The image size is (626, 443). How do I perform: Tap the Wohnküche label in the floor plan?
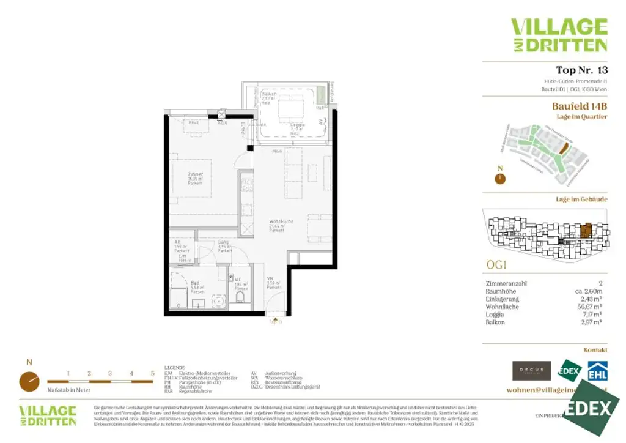[x=278, y=225]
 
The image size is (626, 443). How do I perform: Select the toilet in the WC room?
[x=240, y=298]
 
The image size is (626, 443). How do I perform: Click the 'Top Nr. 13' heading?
[x=581, y=70]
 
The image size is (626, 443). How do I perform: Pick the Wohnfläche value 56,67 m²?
[x=592, y=307]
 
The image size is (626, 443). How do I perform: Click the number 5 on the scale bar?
[x=152, y=373]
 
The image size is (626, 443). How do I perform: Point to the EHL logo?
[x=597, y=371]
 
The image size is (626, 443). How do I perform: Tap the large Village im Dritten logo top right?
[x=559, y=35]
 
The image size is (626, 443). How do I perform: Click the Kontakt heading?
[x=595, y=350]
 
